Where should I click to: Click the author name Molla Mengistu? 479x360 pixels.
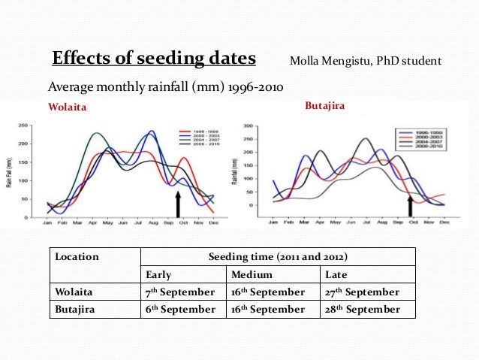pos(366,60)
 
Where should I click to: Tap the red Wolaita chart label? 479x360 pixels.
pos(68,107)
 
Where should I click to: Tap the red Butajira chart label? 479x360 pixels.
pos(325,107)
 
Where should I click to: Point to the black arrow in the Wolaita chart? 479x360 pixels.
pos(178,204)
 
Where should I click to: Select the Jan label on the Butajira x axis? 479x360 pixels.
pos(273,222)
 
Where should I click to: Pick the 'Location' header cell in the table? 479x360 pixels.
pos(77,257)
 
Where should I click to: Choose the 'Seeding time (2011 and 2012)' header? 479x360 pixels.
pos(278,257)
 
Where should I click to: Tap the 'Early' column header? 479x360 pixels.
pos(160,274)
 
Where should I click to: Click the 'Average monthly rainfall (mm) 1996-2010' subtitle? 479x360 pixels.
pos(165,87)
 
